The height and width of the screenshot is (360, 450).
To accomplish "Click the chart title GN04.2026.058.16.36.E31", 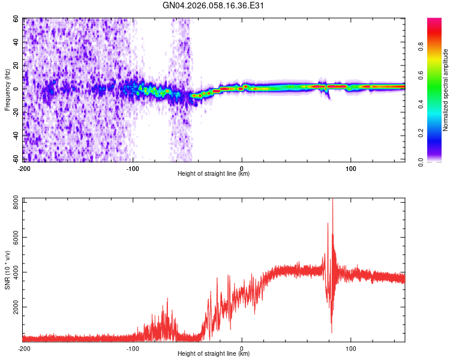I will pos(214,6).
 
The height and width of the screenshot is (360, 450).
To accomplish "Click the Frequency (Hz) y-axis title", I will pos(8,91).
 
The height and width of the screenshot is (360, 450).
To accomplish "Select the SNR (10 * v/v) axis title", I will pos(8,269).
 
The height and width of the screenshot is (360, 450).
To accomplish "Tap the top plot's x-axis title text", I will pos(214,174).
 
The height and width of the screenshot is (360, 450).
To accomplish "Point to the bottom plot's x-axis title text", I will pos(214,354).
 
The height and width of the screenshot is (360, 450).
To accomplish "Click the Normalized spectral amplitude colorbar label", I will pos(446,91).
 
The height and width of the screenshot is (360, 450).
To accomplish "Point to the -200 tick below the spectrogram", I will pos(24,167).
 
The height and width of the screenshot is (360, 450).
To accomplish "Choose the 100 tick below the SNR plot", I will pos(350,347).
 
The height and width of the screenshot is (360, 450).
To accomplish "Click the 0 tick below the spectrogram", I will pos(242,167).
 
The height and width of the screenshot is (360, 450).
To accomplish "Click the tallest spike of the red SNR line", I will pos(332,200).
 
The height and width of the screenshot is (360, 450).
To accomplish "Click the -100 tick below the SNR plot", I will pos(133,347).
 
